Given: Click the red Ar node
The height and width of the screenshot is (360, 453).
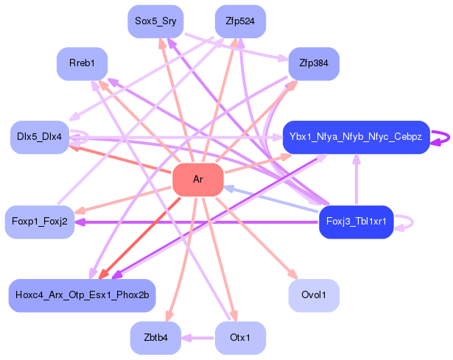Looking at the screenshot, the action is click(x=198, y=180).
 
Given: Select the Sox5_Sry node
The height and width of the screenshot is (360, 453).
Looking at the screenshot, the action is click(x=155, y=21).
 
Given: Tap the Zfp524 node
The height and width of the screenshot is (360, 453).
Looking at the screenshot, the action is click(x=240, y=21).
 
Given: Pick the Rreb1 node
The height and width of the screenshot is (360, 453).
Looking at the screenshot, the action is click(x=82, y=63).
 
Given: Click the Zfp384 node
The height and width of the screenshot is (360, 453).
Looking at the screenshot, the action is click(x=314, y=63).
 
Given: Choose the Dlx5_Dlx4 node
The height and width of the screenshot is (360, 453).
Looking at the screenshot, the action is click(x=40, y=137).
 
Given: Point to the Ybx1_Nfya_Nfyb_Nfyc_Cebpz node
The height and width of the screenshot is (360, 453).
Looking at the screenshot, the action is click(x=357, y=137).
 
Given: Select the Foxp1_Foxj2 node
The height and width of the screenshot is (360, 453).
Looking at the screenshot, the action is click(x=40, y=222).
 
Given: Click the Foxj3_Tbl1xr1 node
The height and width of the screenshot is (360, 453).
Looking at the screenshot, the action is click(x=357, y=222).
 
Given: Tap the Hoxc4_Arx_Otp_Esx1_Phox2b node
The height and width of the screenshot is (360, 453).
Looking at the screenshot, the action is click(x=82, y=295).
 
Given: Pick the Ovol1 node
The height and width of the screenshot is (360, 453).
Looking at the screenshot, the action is click(x=314, y=295).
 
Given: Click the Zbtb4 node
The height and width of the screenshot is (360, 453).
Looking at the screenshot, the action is click(x=155, y=338).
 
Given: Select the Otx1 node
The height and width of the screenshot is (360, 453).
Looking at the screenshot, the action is click(x=240, y=338).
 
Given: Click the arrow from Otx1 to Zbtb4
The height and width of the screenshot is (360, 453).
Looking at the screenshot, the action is click(x=198, y=338).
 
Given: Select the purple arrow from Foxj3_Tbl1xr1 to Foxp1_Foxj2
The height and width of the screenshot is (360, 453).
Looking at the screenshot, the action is click(x=197, y=222).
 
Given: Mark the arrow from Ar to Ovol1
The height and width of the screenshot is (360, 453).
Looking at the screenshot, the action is click(x=256, y=239).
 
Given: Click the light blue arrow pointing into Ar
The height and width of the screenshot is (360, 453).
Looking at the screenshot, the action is click(x=271, y=200).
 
